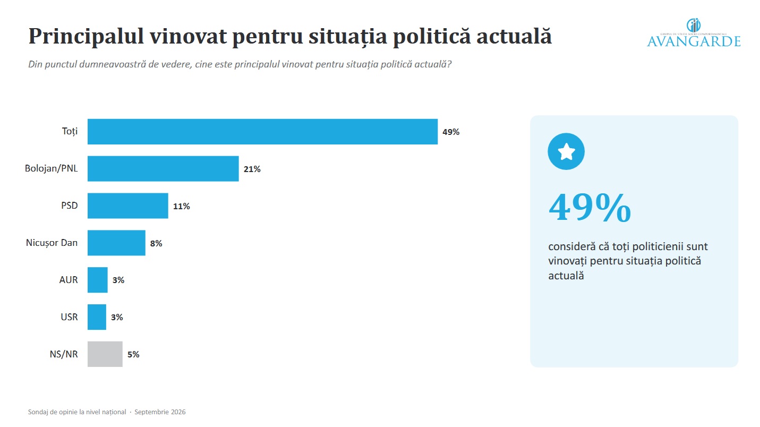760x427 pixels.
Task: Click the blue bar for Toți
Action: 262,132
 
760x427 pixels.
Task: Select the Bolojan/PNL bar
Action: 163,168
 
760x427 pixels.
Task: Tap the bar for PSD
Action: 128,206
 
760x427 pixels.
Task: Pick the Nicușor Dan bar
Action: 116,243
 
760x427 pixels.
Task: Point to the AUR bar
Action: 98,280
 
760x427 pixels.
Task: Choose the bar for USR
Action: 97,317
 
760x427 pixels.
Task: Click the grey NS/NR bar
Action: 105,354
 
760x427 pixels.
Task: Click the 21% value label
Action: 252,169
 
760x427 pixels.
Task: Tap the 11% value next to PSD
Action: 182,206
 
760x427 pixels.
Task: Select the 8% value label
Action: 156,243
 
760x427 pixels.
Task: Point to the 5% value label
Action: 133,354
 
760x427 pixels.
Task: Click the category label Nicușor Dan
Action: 52,243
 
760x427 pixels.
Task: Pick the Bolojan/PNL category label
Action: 51,168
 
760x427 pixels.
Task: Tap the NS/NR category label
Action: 64,354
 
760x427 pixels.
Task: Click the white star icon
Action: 566,151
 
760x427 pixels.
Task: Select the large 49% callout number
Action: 590,208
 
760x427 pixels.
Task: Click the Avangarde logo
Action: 694,32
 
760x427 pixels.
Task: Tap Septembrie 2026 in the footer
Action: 160,412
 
